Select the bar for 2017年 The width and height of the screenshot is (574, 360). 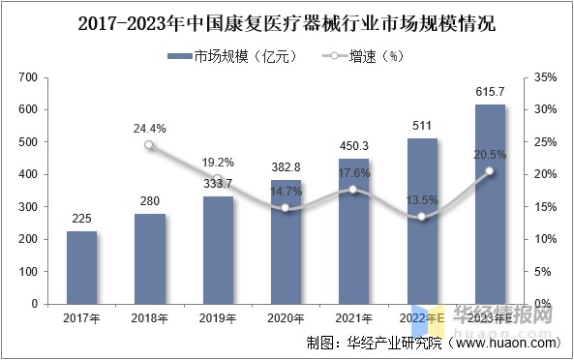tap(81, 267)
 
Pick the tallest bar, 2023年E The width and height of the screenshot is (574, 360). tap(490, 204)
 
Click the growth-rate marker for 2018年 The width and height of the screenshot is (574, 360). tap(149, 145)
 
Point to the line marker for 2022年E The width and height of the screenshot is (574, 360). tap(422, 217)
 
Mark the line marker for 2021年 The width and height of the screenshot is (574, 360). tap(353, 190)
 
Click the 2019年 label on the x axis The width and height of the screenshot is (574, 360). tap(217, 317)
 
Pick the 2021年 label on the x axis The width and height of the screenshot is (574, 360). tap(353, 317)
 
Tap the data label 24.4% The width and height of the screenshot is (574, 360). tap(149, 127)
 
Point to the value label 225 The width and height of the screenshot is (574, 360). tap(81, 219)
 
